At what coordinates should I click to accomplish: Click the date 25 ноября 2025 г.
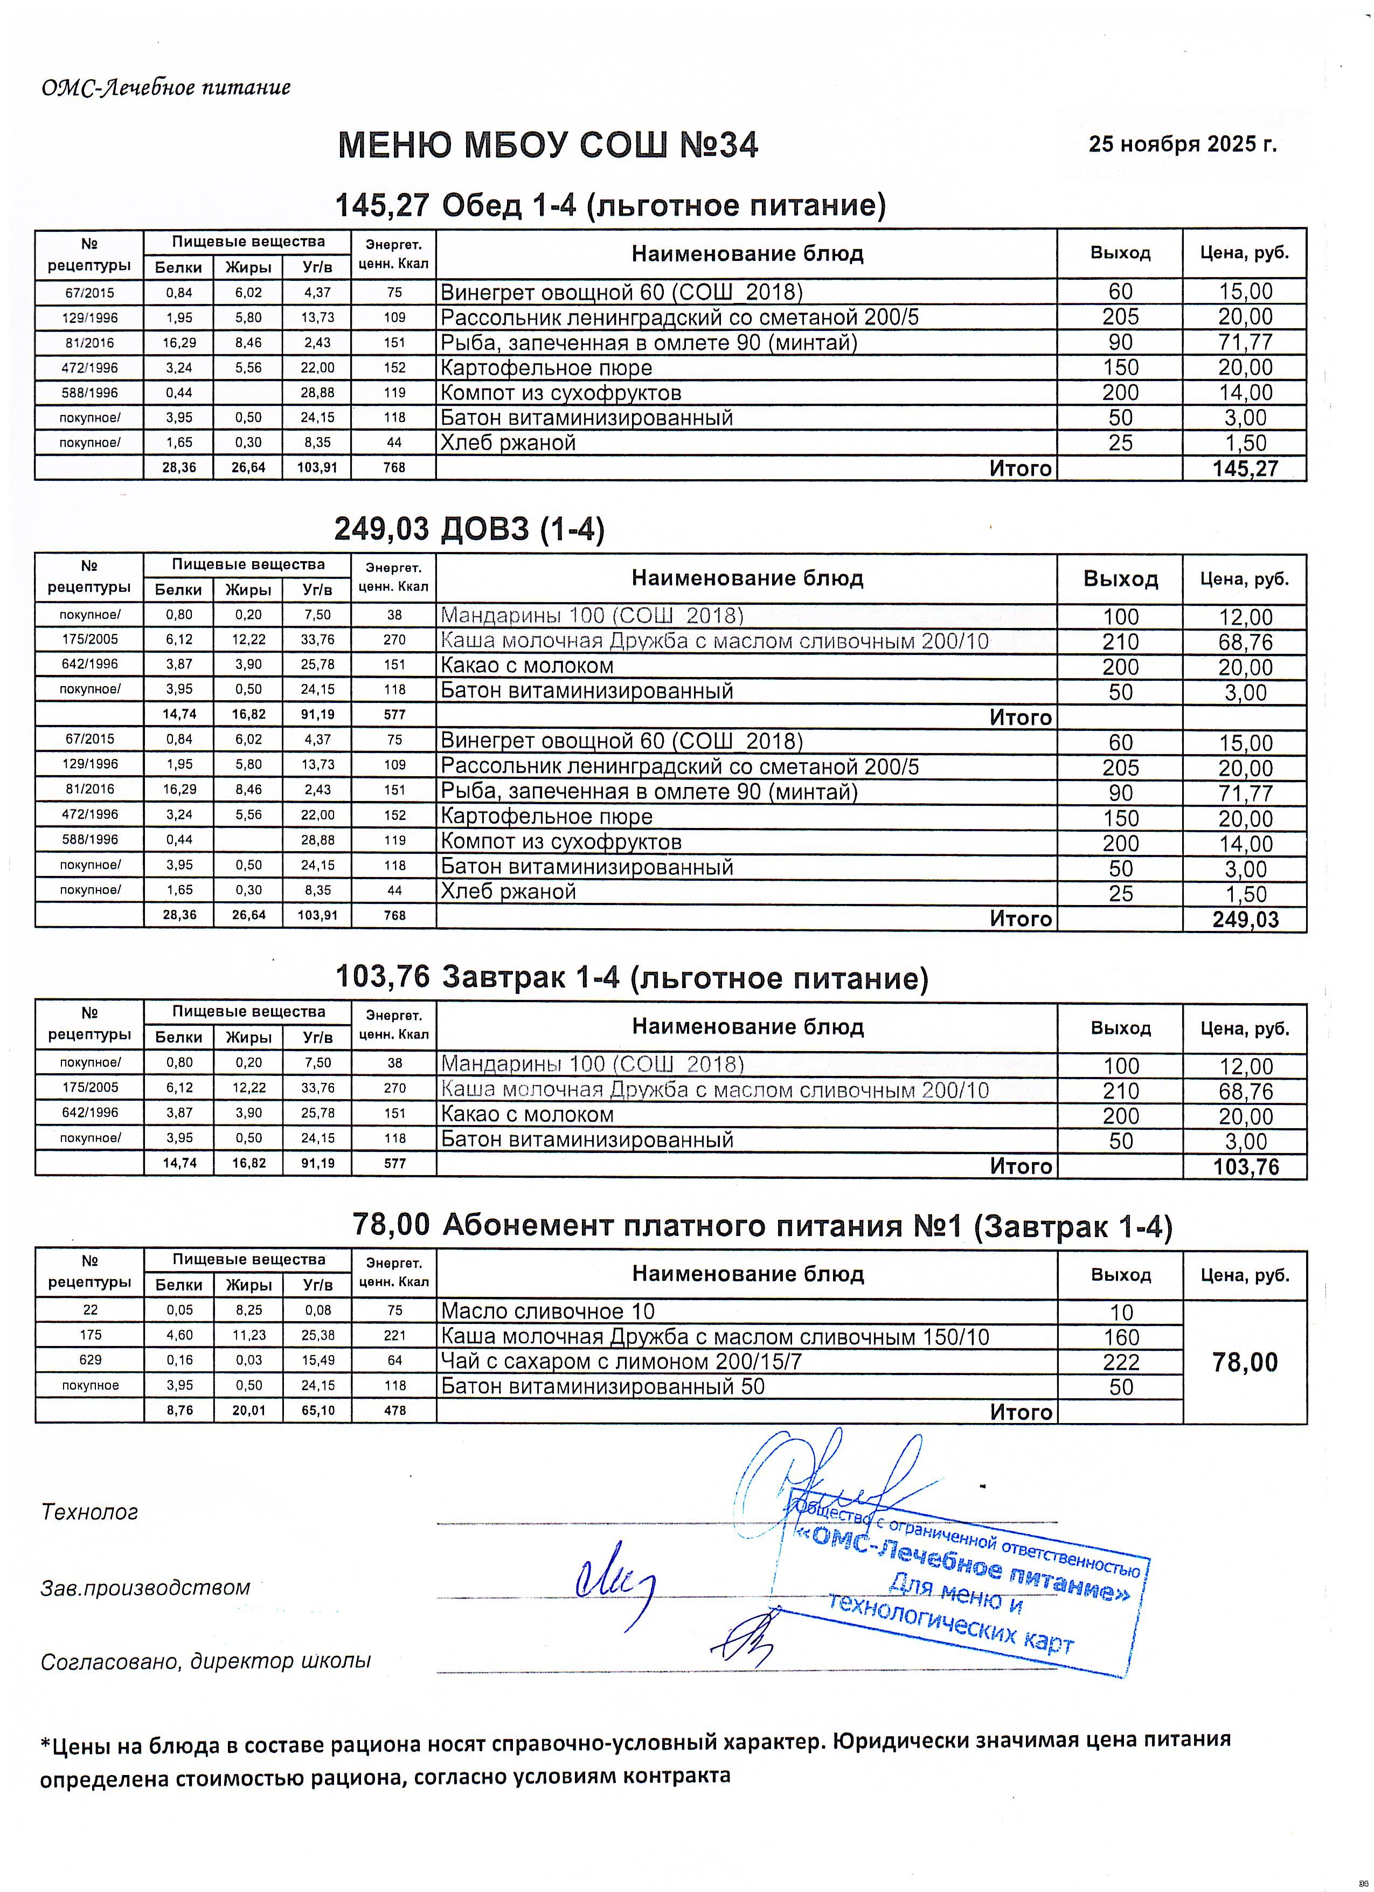(x=1182, y=144)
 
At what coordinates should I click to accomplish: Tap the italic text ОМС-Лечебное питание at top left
(x=166, y=87)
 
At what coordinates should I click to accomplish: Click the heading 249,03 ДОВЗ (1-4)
(x=469, y=529)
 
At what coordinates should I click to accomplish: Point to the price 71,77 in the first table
(x=1245, y=342)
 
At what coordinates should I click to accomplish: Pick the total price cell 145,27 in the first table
(x=1245, y=468)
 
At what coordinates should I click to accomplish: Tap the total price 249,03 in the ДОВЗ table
(x=1245, y=919)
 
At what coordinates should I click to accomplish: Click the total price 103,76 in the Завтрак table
(x=1245, y=1166)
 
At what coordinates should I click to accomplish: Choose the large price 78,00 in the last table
(x=1245, y=1363)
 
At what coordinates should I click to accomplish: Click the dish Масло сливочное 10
(x=548, y=1311)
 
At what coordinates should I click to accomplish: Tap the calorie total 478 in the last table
(x=394, y=1411)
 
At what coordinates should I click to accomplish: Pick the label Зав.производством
(x=145, y=1587)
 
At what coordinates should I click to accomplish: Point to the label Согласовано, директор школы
(x=205, y=1661)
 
